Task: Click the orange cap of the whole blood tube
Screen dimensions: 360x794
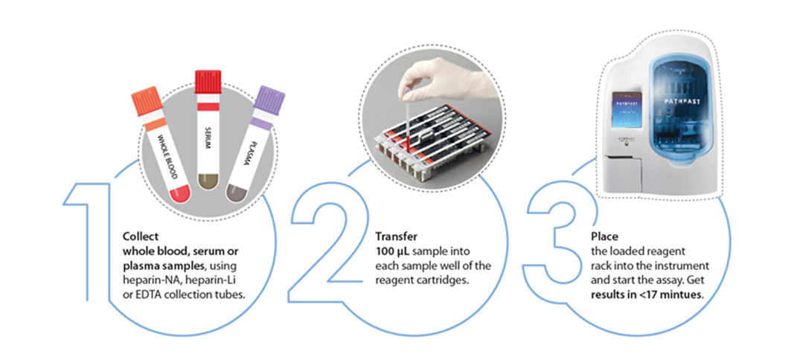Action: click(x=143, y=104)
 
